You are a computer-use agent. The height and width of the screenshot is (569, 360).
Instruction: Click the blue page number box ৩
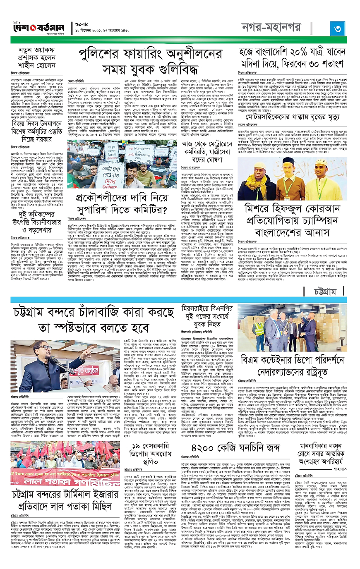(x=337, y=28)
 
